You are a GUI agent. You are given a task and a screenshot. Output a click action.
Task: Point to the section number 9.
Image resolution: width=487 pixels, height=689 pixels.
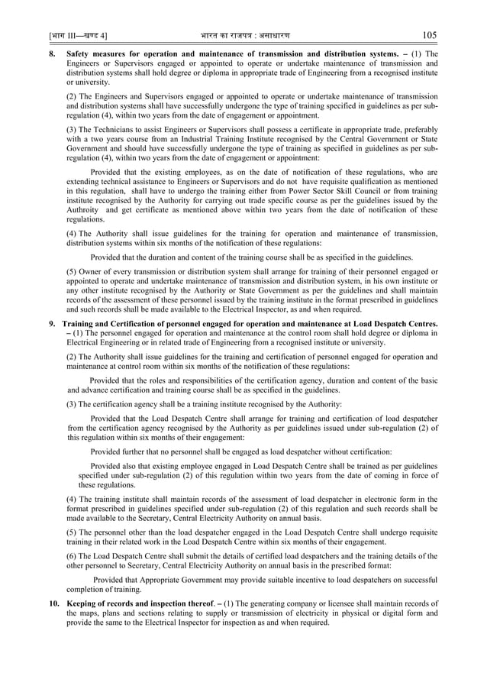pyautogui.click(x=53, y=324)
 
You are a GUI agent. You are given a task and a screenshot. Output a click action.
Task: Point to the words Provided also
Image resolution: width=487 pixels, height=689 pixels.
pyautogui.click(x=117, y=466)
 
